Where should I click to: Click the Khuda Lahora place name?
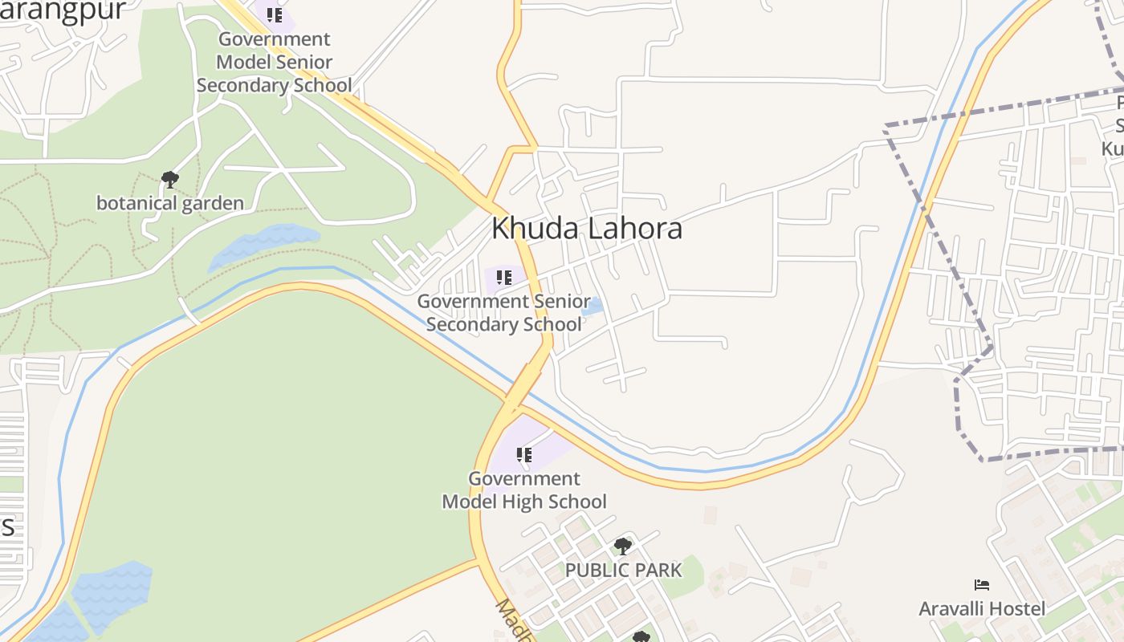(x=587, y=229)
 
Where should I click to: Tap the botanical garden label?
(x=169, y=203)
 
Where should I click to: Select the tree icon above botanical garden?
(x=169, y=179)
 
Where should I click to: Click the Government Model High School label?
(x=524, y=490)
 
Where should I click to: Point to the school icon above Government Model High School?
(x=524, y=455)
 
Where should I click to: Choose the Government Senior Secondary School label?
(x=503, y=313)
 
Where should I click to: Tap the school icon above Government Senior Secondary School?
(x=504, y=278)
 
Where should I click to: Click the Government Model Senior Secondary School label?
(x=274, y=62)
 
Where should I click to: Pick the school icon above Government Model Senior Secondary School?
(x=275, y=14)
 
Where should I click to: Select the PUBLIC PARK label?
(x=623, y=571)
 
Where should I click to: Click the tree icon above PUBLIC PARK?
(x=622, y=547)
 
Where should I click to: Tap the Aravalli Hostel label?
(x=982, y=609)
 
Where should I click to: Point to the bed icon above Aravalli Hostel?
(x=981, y=585)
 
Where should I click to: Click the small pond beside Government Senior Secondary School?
(x=593, y=306)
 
